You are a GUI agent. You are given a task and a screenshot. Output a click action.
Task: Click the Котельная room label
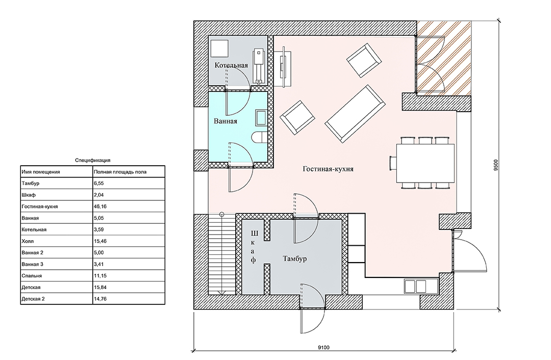(231, 65)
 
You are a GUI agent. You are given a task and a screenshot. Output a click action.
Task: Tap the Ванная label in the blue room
(226, 121)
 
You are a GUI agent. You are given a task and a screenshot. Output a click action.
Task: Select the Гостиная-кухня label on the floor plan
(328, 169)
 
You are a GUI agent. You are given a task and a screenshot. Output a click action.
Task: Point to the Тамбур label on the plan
(294, 259)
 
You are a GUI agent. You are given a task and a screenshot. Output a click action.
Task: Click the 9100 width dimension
(323, 348)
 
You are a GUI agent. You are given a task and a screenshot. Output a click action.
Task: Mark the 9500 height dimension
(496, 165)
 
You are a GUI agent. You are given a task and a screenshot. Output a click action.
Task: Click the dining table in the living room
(425, 163)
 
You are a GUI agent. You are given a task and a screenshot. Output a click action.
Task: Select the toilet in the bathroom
(260, 137)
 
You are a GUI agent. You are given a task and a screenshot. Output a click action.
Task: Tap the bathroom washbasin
(261, 118)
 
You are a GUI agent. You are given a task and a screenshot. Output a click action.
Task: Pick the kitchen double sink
(421, 286)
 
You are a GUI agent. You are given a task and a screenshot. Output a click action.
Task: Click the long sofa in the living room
(355, 113)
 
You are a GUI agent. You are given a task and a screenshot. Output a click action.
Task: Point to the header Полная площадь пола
(120, 172)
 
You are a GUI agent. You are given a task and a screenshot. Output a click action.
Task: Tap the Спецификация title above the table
(93, 160)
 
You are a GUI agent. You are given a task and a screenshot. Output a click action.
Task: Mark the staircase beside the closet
(222, 254)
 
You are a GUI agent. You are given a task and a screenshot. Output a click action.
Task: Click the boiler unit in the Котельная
(259, 66)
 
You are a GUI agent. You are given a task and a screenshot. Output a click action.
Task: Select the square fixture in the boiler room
(219, 48)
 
